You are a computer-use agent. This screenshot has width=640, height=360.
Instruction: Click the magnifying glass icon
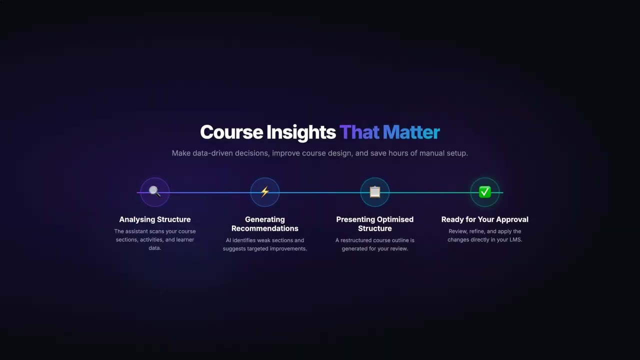point(154,192)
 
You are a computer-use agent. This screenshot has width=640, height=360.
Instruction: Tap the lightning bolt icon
point(265,192)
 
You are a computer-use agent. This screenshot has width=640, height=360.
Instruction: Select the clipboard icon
point(375,192)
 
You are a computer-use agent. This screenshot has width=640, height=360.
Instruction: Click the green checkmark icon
point(485,192)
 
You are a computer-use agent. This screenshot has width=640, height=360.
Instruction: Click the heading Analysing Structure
point(155,219)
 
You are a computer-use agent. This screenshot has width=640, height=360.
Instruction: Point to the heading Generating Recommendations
point(265,224)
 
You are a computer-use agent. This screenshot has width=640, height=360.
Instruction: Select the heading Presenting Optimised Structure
point(375,224)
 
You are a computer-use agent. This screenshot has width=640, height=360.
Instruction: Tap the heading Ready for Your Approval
point(485,219)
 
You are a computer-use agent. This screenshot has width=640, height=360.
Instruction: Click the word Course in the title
point(231,132)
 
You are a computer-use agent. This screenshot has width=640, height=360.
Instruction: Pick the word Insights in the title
point(301,132)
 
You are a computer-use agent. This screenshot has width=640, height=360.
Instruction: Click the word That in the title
point(359,132)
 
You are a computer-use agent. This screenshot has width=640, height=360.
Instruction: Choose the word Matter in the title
point(411,132)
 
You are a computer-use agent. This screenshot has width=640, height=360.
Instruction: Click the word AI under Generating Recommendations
point(228,240)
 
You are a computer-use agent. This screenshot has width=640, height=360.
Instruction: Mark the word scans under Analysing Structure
point(159,231)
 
